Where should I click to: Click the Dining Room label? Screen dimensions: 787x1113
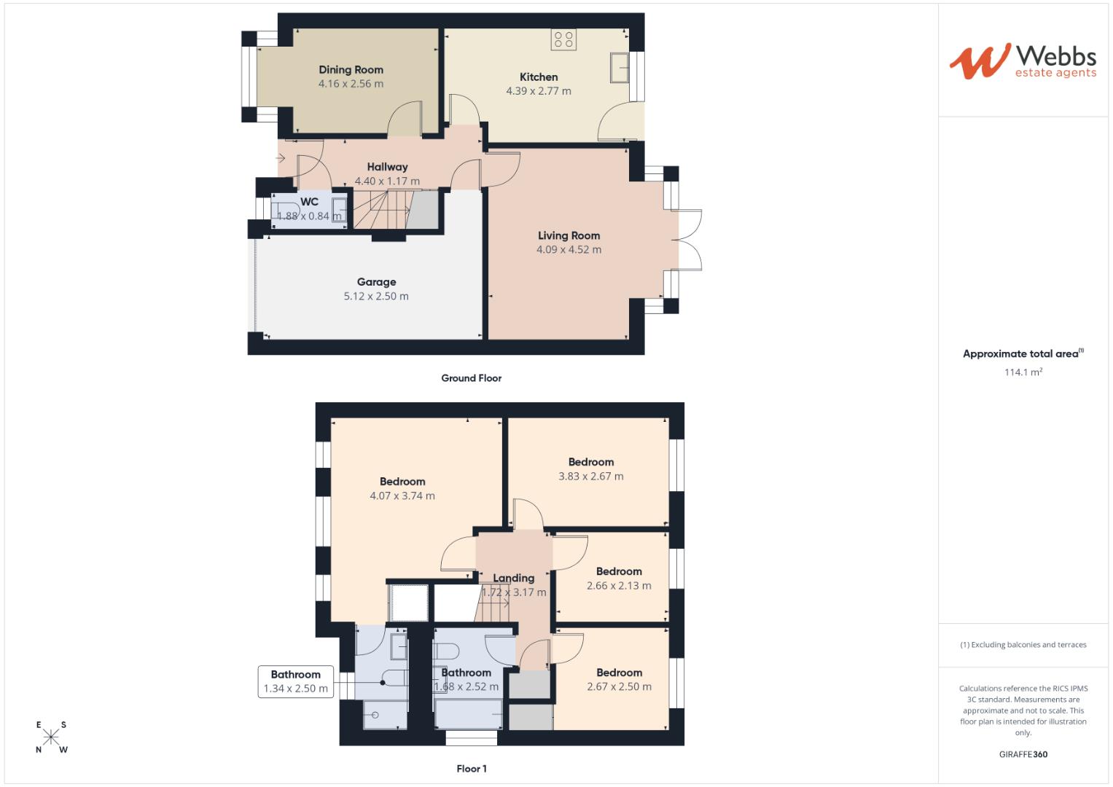click(351, 70)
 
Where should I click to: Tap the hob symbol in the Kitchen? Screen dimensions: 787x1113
click(563, 39)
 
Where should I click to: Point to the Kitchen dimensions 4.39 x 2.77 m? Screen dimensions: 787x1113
click(539, 91)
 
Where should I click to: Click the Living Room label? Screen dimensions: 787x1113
click(569, 235)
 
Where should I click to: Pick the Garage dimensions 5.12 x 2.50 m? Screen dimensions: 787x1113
click(376, 296)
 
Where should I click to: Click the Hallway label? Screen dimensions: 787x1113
click(387, 167)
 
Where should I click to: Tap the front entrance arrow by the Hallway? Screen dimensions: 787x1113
click(281, 158)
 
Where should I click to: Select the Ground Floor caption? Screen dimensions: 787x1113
click(471, 378)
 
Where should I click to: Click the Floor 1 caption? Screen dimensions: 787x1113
click(472, 769)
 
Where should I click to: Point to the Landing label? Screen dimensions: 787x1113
click(513, 578)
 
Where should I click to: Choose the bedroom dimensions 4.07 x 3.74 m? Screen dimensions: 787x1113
click(402, 496)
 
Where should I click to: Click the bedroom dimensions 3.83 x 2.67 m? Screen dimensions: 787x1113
click(591, 476)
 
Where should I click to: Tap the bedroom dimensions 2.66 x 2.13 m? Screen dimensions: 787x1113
click(619, 585)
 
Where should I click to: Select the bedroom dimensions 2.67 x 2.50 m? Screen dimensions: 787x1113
click(619, 686)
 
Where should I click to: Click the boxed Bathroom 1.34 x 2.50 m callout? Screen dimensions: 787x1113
click(295, 681)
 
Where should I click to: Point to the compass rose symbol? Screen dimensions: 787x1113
click(51, 737)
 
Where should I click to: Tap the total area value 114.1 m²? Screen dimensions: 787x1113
click(1023, 372)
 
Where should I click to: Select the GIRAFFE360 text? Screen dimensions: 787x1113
click(1023, 754)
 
